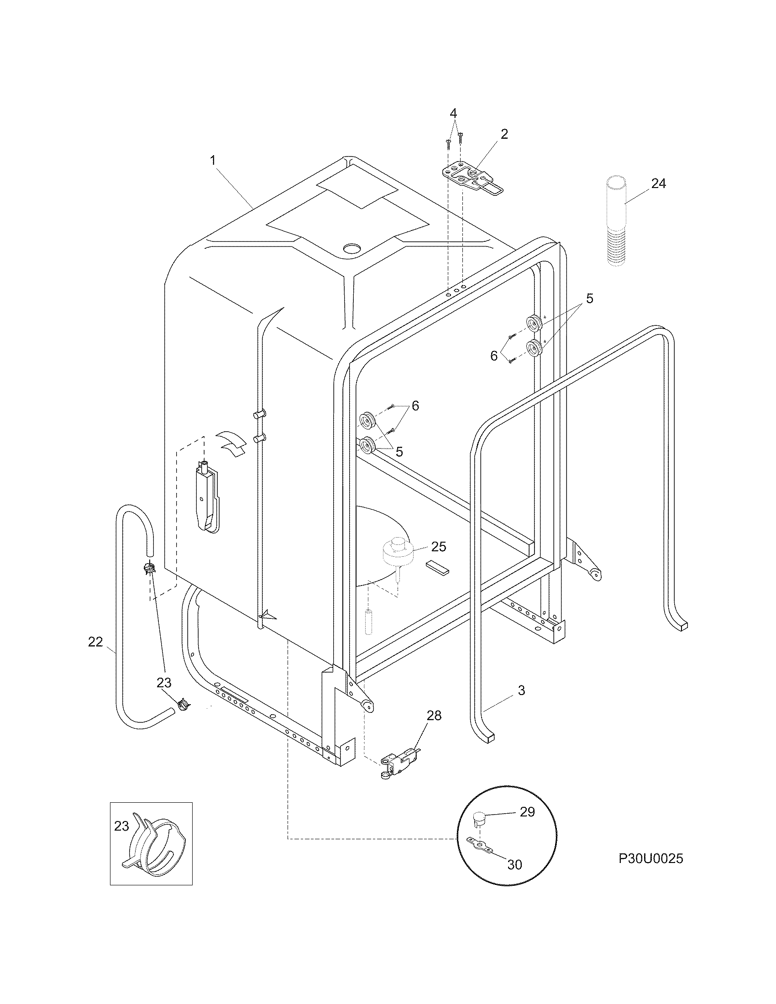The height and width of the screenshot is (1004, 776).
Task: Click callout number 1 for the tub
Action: pos(213,161)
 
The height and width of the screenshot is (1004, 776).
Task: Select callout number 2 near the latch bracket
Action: pos(504,134)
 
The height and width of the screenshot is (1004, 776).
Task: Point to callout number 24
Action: pos(658,183)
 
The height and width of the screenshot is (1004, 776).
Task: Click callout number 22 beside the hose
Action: pos(95,642)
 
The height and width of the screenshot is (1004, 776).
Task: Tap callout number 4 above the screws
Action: pos(453,113)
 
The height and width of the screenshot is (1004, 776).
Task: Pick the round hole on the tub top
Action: pos(353,249)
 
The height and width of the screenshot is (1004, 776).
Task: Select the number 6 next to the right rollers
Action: pos(494,356)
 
